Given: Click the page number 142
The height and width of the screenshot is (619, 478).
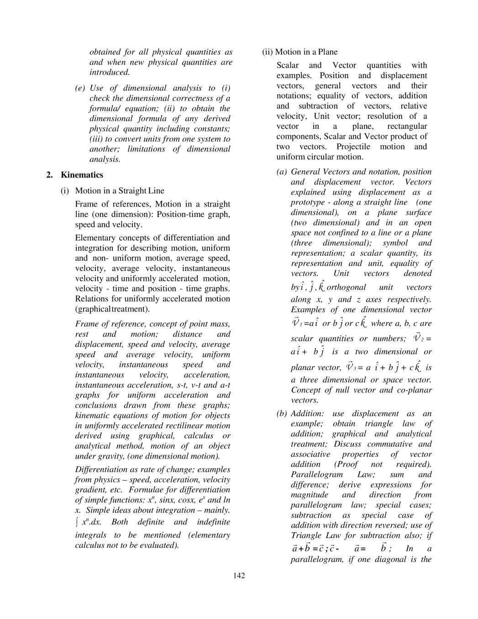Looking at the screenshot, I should click(239, 575).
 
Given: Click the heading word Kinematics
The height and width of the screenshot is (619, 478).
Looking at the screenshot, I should click(82, 175).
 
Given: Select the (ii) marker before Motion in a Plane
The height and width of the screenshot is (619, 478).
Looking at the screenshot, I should click(267, 52).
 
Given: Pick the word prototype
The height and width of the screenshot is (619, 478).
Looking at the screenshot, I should click(309, 202).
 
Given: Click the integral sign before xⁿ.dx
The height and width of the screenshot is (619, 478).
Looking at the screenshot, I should click(77, 522).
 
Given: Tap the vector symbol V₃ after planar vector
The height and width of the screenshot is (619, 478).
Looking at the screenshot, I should click(350, 366).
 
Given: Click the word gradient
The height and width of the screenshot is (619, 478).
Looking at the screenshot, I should click(90, 490).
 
